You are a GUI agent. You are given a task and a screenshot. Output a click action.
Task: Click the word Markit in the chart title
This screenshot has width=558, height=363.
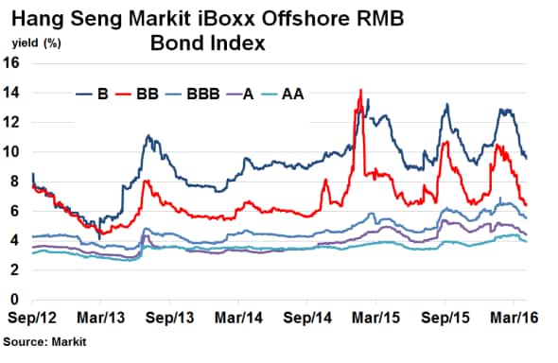[199, 18]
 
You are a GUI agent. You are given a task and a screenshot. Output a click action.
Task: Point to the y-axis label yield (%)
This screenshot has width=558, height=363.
[37, 43]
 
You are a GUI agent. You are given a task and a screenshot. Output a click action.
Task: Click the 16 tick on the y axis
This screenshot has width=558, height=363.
[13, 63]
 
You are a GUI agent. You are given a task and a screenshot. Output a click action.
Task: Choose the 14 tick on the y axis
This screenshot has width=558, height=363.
[13, 93]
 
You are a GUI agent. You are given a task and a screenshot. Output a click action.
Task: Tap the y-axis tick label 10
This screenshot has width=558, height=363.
[13, 152]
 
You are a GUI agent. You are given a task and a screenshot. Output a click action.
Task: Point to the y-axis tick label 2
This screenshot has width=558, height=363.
[17, 270]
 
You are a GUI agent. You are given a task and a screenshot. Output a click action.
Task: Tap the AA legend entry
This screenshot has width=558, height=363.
[305, 94]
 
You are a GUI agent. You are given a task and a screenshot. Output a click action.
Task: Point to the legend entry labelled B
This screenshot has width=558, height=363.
[101, 94]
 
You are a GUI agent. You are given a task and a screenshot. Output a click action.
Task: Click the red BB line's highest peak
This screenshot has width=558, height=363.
[361, 91]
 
